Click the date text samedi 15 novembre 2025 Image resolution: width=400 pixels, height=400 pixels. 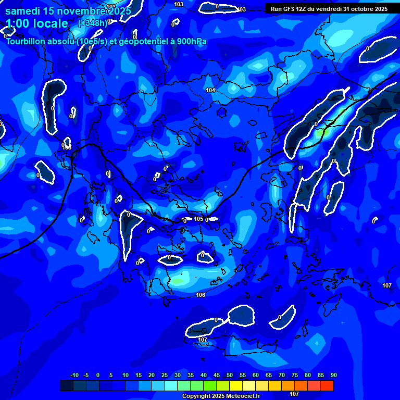click(x=68, y=11)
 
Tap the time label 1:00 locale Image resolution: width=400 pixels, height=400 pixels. click(x=37, y=23)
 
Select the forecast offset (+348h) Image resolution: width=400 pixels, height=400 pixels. click(x=93, y=23)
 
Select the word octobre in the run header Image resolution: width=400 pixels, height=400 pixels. click(x=361, y=9)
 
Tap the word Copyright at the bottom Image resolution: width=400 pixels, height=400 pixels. click(x=197, y=396)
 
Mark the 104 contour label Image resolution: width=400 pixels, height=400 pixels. click(x=210, y=91)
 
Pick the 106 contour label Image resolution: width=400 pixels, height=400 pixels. click(x=201, y=295)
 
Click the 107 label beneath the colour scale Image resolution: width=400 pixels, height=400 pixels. click(x=294, y=394)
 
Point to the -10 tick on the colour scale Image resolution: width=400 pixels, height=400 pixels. click(x=74, y=376)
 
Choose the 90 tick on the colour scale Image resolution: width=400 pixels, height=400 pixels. click(x=334, y=376)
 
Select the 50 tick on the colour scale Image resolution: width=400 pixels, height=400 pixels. click(x=230, y=376)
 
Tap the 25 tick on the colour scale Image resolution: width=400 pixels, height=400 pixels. click(x=165, y=376)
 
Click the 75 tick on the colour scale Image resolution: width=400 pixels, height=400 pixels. click(x=295, y=376)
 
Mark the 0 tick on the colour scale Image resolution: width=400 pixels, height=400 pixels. click(x=98, y=376)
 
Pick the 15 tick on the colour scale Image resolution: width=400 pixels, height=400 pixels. click(x=139, y=376)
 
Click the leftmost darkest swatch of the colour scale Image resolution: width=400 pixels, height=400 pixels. click(x=67, y=385)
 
